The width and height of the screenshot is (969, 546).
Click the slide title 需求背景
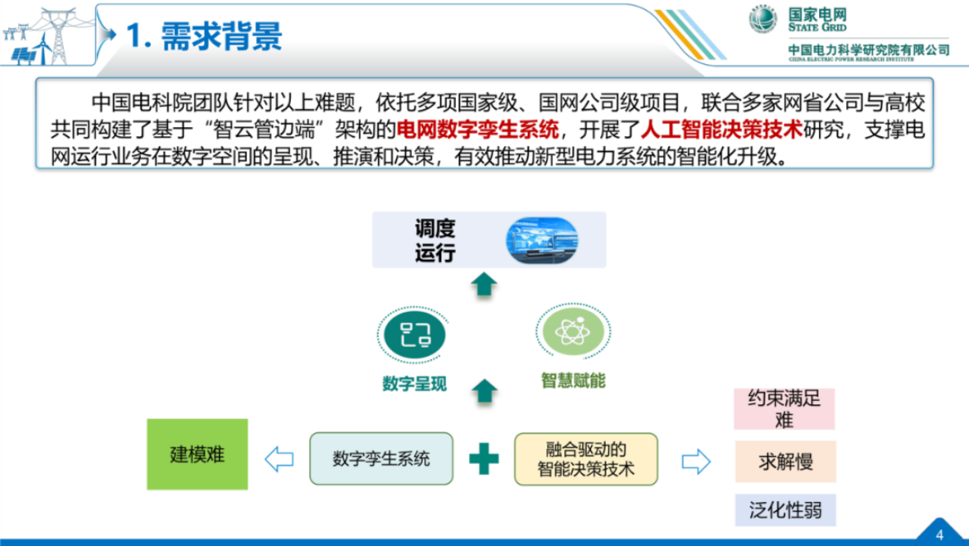click(x=204, y=36)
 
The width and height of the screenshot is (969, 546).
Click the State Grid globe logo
click(x=762, y=20)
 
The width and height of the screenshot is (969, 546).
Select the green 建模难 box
click(x=196, y=455)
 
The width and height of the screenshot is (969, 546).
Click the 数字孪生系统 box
click(x=380, y=459)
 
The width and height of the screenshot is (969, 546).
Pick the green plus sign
click(x=484, y=459)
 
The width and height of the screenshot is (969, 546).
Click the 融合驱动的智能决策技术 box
click(x=585, y=460)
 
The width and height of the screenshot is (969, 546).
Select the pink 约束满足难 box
click(x=784, y=409)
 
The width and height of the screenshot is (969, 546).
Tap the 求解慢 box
click(x=784, y=461)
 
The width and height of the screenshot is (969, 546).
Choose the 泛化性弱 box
click(x=784, y=511)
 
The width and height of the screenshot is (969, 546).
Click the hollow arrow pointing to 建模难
click(x=278, y=459)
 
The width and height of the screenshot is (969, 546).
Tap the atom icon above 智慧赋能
click(x=572, y=332)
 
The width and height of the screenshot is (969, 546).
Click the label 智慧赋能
click(x=573, y=381)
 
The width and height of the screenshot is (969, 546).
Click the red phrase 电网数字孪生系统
click(x=477, y=128)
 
